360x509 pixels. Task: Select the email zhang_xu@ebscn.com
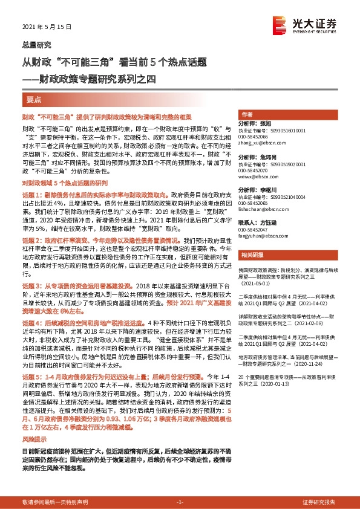tap(261, 143)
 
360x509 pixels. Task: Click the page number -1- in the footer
tap(179, 502)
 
